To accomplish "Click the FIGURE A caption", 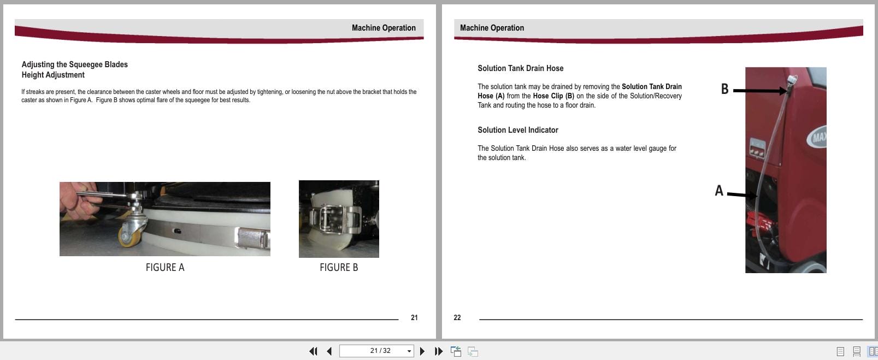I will [165, 267].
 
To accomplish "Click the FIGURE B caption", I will [339, 267].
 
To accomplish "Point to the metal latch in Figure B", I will [332, 218].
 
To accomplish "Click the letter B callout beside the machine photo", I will [724, 89].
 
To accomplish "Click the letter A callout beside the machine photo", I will [719, 191].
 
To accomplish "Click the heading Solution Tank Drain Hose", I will [520, 68].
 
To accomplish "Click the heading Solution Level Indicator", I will [517, 130].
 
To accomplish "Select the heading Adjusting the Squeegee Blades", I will [74, 64].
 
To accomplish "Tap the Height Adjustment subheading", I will [53, 75].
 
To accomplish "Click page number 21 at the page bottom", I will [414, 317].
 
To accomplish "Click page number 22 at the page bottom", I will [457, 317].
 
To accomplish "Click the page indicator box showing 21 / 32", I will [376, 351].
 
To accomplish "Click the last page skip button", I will [438, 351].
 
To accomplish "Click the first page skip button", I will [313, 351].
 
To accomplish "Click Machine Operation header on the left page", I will [384, 28].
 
